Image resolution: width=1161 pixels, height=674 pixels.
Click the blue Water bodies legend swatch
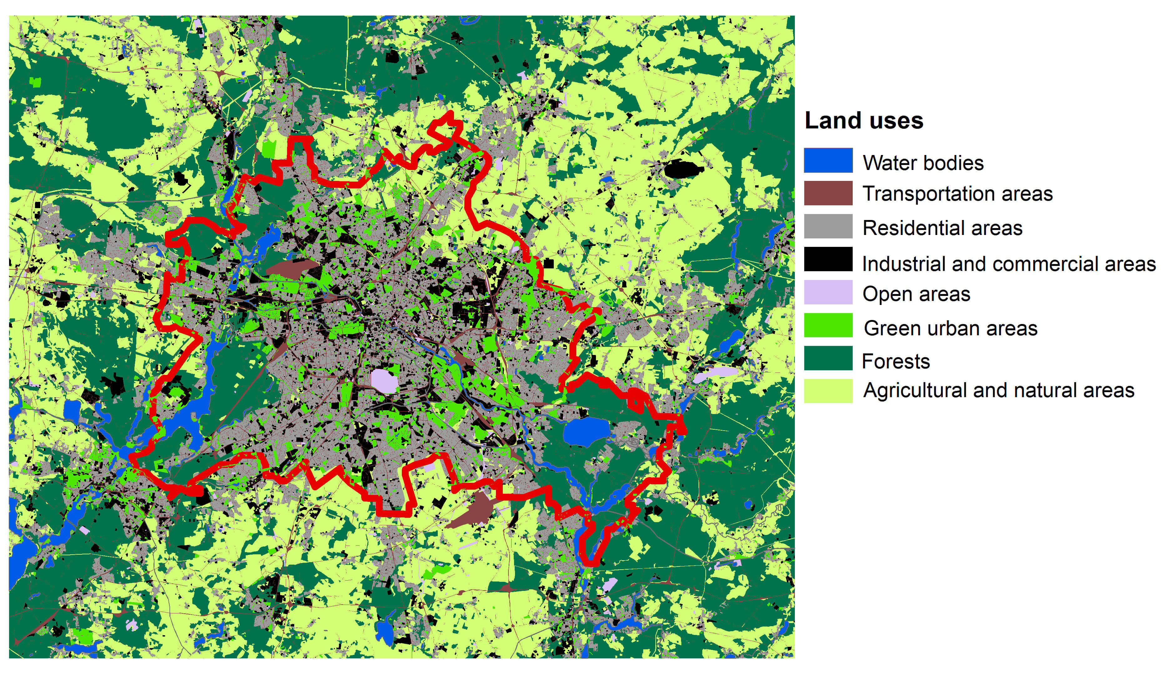[828, 160]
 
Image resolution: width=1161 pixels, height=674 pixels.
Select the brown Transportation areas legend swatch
[828, 193]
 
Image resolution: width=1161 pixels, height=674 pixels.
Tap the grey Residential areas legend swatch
[828, 226]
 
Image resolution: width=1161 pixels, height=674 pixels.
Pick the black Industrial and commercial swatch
[828, 259]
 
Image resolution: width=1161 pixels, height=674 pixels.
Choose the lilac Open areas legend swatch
[828, 292]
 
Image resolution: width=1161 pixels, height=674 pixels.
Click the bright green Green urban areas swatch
[828, 325]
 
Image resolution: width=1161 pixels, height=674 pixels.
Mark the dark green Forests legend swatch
[828, 358]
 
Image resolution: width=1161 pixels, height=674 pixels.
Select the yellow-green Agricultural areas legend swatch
[828, 391]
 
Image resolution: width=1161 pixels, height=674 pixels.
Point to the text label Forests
[896, 362]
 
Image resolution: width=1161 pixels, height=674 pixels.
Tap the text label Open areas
[916, 294]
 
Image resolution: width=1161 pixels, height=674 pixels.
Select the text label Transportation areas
[957, 194]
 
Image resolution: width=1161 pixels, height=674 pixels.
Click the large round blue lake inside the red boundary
[586, 432]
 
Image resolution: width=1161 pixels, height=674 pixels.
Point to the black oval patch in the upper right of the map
[684, 169]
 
